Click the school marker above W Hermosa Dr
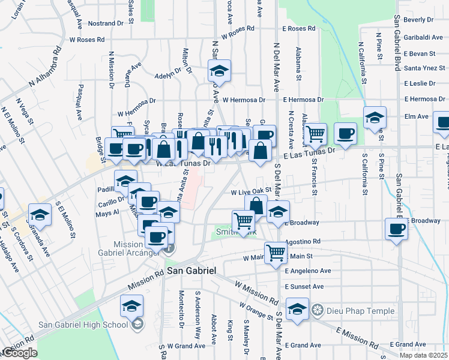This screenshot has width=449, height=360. (220, 71)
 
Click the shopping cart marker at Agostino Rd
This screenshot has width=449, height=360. (276, 252)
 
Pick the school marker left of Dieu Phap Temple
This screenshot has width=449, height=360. (297, 309)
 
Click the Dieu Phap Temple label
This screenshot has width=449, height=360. (360, 311)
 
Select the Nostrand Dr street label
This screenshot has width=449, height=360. (105, 23)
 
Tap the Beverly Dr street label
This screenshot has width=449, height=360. (418, 20)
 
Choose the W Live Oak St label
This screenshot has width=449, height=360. (252, 192)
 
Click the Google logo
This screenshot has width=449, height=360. (20, 353)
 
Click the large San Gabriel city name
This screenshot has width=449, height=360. (191, 271)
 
